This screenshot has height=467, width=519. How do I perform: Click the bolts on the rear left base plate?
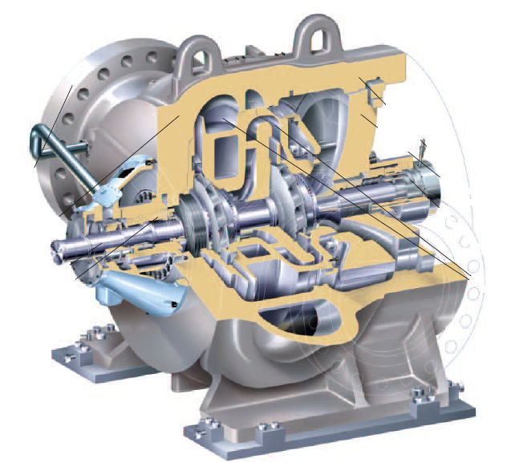click(x=79, y=345)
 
